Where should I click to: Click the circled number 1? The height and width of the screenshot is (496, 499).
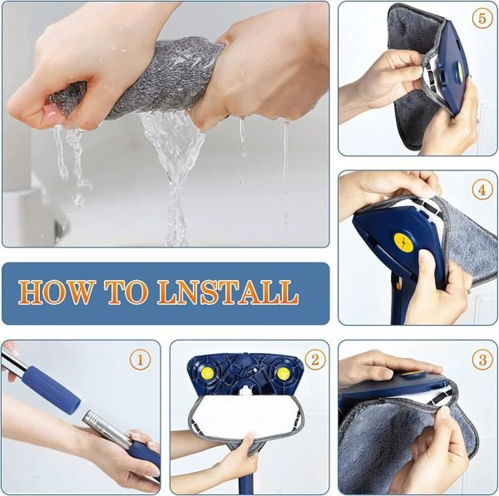pos(141,360)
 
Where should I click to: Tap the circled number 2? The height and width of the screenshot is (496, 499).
pos(314,360)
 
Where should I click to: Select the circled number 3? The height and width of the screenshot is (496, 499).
pos(482,360)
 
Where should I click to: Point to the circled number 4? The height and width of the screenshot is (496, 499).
pos(482,189)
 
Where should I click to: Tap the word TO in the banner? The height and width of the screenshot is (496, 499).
pos(126,292)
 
